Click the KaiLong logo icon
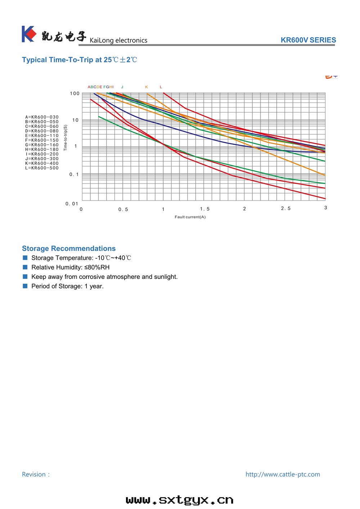(x=29, y=34)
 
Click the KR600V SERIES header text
(x=308, y=40)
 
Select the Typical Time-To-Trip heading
(x=80, y=60)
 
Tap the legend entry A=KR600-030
(x=42, y=117)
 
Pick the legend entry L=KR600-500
(x=42, y=168)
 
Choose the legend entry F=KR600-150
(x=42, y=140)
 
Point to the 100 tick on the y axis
(x=75, y=94)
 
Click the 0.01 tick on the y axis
(x=72, y=204)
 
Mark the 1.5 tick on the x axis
(x=205, y=209)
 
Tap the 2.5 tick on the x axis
(x=286, y=208)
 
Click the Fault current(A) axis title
(x=190, y=217)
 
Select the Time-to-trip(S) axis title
(x=66, y=138)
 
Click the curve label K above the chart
(x=147, y=87)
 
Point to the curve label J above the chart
(x=122, y=87)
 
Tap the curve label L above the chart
(x=161, y=87)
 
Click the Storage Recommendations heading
(x=69, y=248)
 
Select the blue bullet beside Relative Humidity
(x=25, y=267)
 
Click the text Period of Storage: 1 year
(x=67, y=286)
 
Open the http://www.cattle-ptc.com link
(x=283, y=474)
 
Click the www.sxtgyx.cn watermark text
(x=180, y=500)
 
